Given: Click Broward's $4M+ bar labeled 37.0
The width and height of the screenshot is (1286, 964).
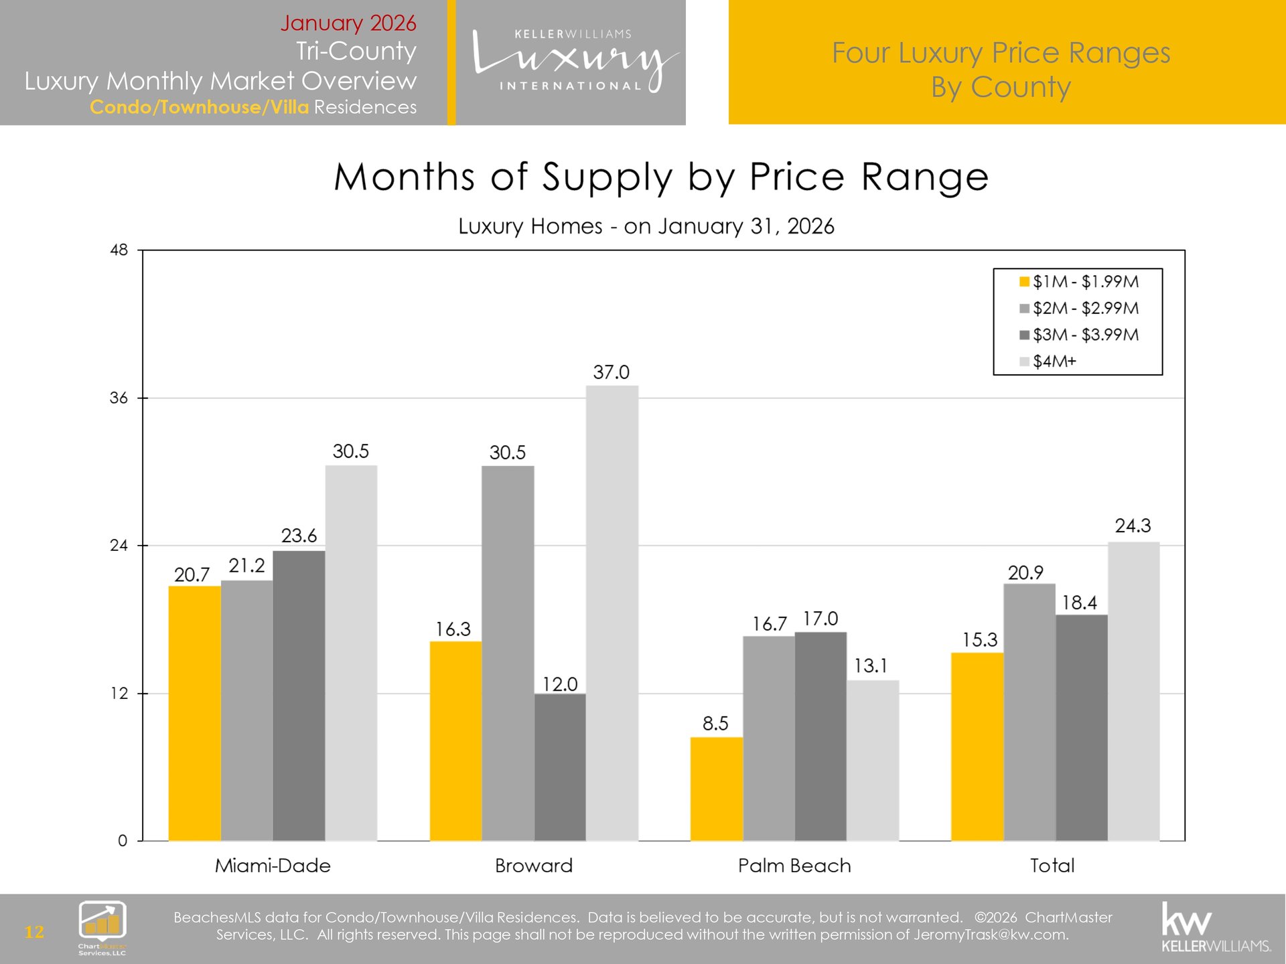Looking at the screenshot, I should point(612,613).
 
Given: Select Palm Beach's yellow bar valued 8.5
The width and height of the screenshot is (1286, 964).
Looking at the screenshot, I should point(716,789).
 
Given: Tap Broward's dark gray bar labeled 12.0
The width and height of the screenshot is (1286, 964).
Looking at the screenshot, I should point(560,767).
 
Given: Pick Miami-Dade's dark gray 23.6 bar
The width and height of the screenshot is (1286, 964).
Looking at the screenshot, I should point(299,696).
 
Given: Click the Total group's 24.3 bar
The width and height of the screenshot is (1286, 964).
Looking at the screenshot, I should point(1133,691).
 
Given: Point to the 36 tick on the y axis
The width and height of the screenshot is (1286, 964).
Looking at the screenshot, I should point(119,398).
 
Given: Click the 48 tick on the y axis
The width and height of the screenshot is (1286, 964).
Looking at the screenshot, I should point(119,250).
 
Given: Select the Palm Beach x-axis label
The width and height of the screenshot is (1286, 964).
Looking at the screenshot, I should point(794,866).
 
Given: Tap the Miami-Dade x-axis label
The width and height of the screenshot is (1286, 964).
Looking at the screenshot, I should point(273,866).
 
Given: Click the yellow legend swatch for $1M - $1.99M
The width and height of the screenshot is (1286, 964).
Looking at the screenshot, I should point(1024,282).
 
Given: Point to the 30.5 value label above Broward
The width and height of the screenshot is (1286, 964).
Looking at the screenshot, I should point(508,453).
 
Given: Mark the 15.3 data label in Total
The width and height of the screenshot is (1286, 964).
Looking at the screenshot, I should point(980,640).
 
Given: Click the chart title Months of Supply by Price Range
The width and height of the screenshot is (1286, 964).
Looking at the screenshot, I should point(661,177).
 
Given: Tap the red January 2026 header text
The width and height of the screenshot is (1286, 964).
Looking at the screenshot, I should point(348,23).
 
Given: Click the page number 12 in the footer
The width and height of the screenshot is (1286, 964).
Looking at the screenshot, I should point(34,932).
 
